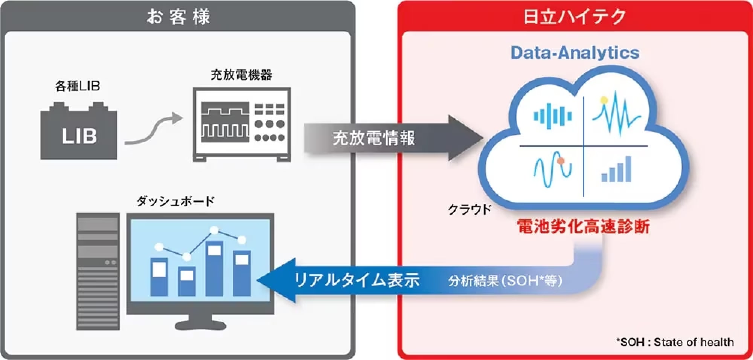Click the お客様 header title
(x=178, y=17)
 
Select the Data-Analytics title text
(x=575, y=53)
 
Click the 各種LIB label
(x=78, y=86)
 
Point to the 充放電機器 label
(x=241, y=75)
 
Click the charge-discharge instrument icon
(x=241, y=124)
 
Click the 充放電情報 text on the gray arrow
(x=373, y=138)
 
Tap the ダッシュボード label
(x=175, y=201)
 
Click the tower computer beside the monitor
(x=98, y=271)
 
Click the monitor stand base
(x=200, y=324)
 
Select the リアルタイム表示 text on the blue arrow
(x=356, y=280)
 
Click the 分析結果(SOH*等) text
(x=505, y=281)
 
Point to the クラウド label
(x=469, y=209)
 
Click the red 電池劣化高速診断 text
(x=583, y=227)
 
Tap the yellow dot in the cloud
(x=604, y=100)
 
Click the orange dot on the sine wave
(x=561, y=161)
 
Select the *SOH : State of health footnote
(x=675, y=342)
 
